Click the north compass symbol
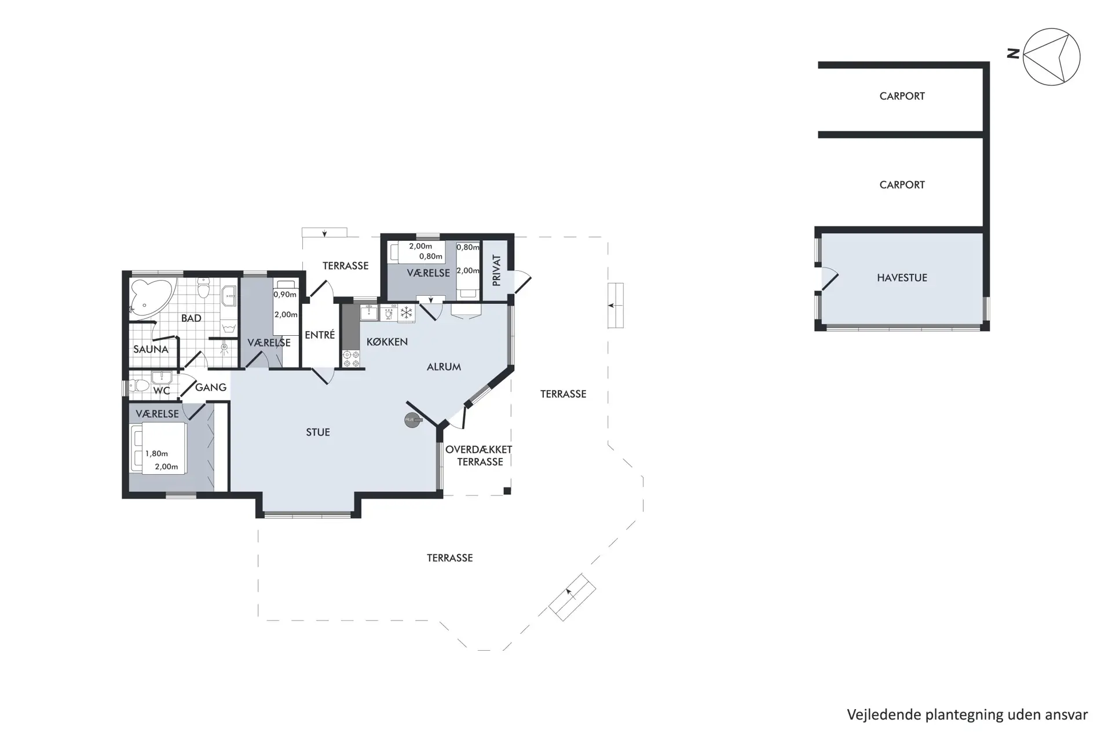pos(1051,57)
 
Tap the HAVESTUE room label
pos(902,278)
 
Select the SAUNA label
pos(151,349)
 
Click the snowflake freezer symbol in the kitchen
pos(407,313)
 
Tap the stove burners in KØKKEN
pos(351,359)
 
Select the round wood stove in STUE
pos(412,421)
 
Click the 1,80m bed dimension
pos(156,454)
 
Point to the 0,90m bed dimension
pos(285,295)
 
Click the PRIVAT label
pos(496,270)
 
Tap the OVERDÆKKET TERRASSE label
pos(479,456)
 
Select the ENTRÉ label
pos(320,335)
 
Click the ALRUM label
pos(444,367)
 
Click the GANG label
pos(210,387)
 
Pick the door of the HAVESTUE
pos(828,280)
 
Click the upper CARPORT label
pos(902,96)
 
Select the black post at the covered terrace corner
pos(507,491)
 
